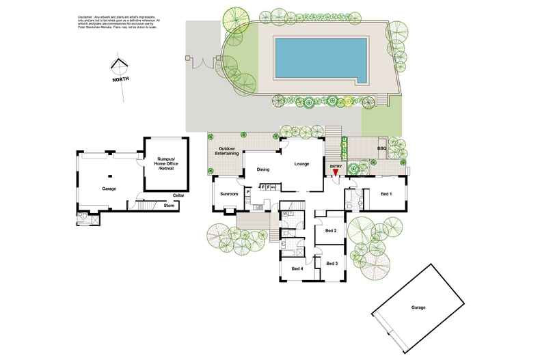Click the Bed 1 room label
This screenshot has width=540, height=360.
tap(386, 195)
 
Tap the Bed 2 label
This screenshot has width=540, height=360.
tap(331, 231)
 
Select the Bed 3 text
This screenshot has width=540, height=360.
tap(332, 264)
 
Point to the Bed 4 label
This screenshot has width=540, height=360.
tap(297, 268)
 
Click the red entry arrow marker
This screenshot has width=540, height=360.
tap(336, 174)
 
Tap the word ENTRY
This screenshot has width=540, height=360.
tap(336, 166)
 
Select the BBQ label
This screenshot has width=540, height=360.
tap(381, 148)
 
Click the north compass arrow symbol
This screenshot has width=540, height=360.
tap(120, 66)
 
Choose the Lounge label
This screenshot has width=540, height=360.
tap(301, 164)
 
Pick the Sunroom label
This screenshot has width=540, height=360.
tap(228, 195)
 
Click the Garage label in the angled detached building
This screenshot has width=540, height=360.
tap(418, 308)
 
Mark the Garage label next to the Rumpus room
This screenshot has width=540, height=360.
tap(109, 189)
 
